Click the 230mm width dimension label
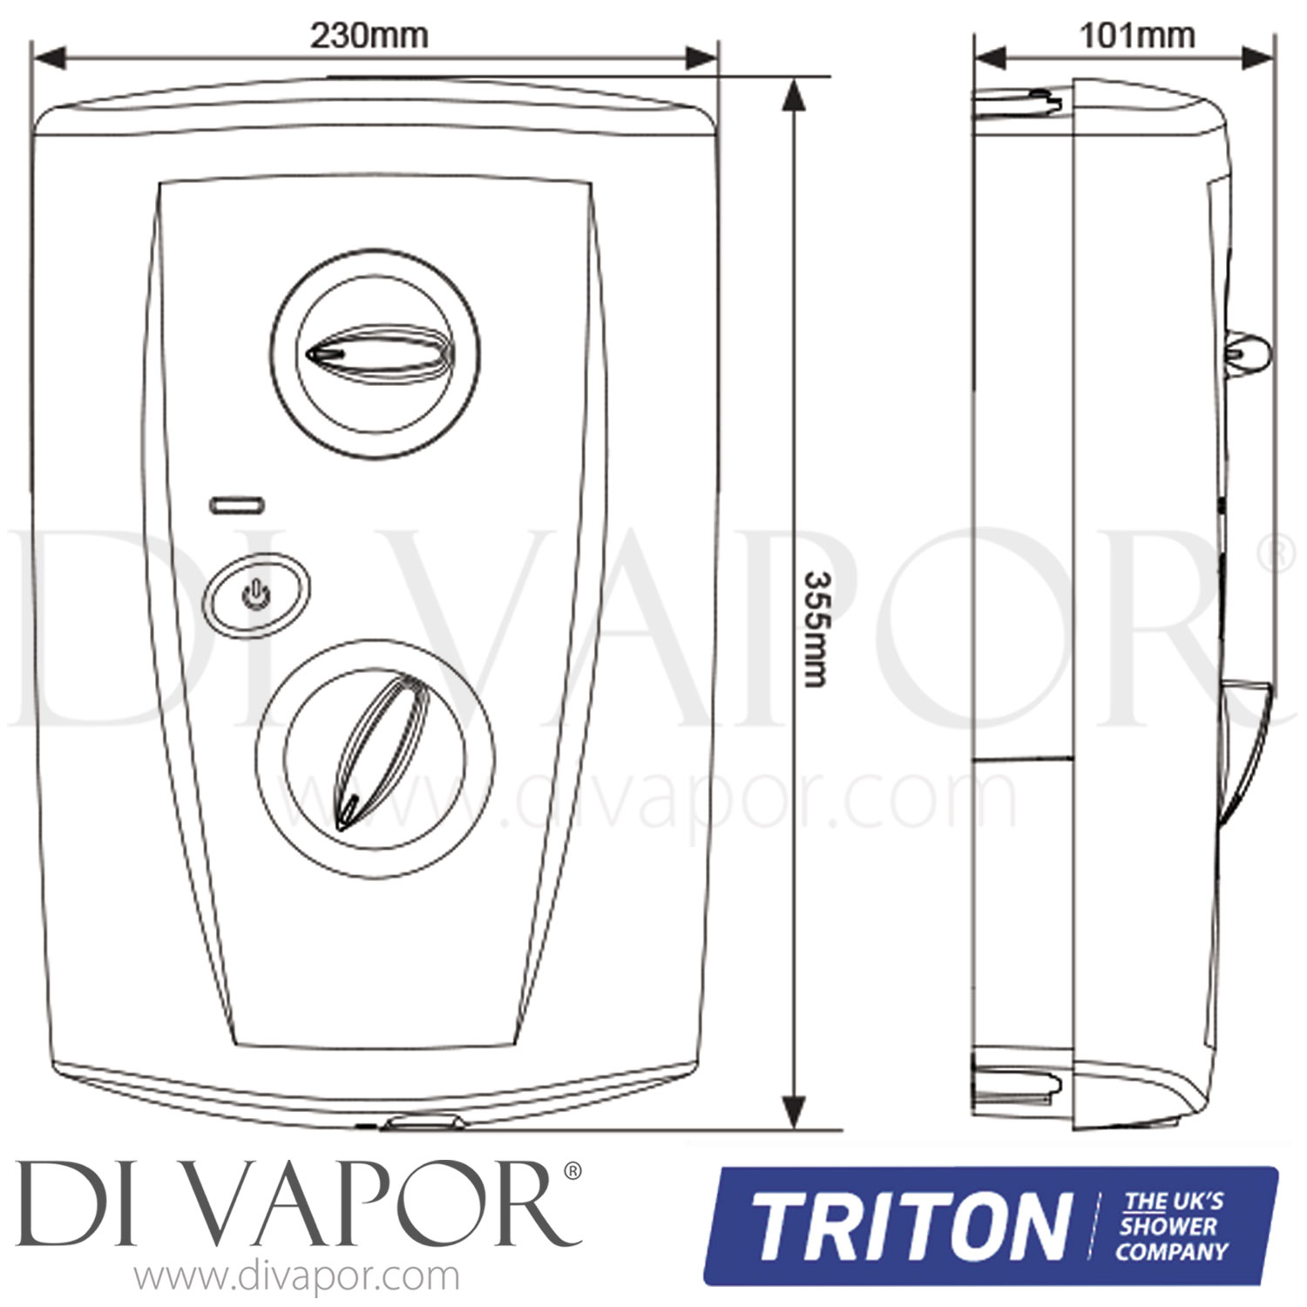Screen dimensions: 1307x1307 369,36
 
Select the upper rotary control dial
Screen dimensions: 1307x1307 374,351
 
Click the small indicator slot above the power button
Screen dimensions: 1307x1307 239,505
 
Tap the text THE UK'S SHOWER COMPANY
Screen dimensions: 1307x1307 1174,1228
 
